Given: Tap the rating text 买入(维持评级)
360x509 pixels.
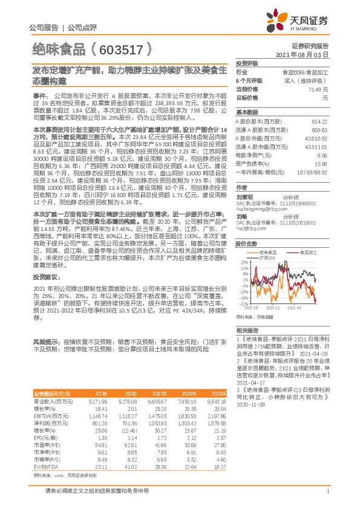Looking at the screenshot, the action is [x=306, y=80].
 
